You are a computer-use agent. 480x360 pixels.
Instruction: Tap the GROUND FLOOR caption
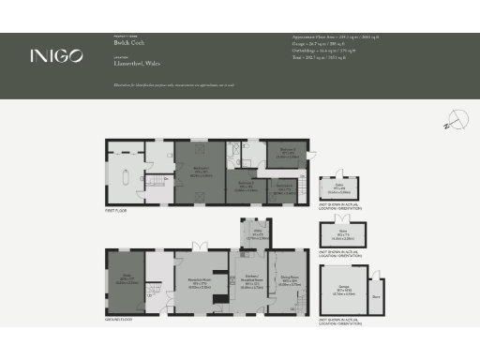pyautogui.click(x=119, y=320)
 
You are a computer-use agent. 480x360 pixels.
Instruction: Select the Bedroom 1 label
pyautogui.click(x=199, y=172)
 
